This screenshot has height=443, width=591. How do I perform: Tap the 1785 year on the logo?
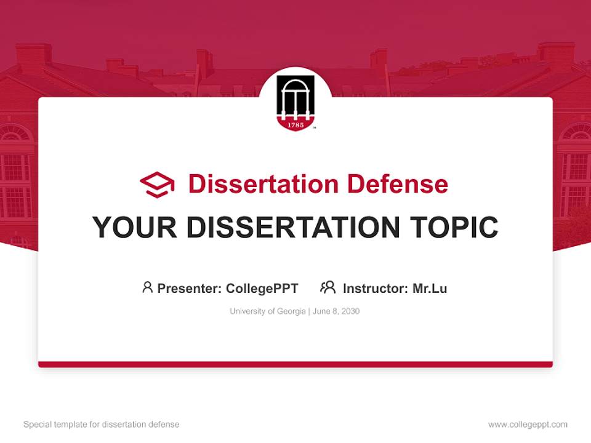point(295,124)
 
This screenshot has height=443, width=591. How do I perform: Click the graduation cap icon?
point(157,184)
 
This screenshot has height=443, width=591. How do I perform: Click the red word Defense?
point(397,184)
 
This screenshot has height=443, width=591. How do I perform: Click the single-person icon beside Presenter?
point(147,287)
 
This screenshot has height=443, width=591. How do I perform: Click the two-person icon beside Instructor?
point(328,287)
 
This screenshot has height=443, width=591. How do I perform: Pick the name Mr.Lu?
point(430,288)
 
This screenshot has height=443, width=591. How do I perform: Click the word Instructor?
point(376,288)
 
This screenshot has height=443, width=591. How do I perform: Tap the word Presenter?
point(190,288)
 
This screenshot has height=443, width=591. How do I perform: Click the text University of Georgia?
point(267,311)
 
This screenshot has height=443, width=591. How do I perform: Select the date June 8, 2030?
point(336,311)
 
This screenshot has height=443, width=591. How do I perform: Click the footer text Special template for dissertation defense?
point(102,425)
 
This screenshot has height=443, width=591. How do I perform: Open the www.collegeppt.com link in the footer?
point(528,425)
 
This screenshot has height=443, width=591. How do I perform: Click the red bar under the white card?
point(295,364)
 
